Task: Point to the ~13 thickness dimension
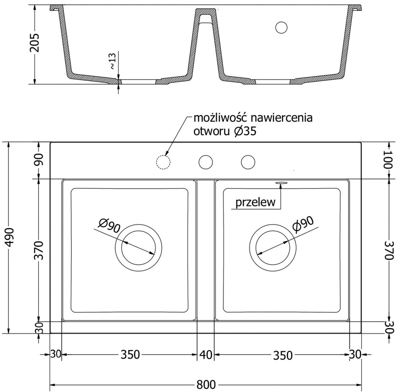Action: coord(112,61)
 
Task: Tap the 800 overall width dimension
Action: coord(205,385)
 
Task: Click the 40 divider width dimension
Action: coord(205,355)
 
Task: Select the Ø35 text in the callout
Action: coord(245,131)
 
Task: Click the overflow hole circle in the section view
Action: coord(281,27)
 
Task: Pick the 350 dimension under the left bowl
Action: coord(129,355)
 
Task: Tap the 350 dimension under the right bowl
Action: coord(282,355)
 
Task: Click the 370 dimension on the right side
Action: coord(388,250)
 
